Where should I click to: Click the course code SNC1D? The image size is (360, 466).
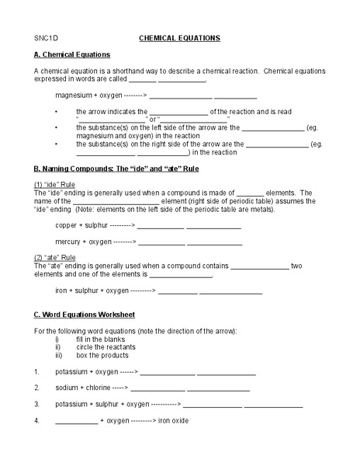pyautogui.click(x=45, y=37)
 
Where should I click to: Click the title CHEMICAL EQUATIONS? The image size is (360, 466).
pyautogui.click(x=179, y=37)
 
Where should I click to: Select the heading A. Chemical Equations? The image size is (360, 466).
pyautogui.click(x=71, y=54)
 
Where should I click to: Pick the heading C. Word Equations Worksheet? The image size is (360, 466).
pyautogui.click(x=84, y=315)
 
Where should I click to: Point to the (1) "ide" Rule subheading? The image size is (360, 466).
pyautogui.click(x=55, y=184)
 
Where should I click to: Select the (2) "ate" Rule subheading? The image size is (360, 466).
pyautogui.click(x=55, y=257)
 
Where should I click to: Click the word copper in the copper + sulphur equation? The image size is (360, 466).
pyautogui.click(x=67, y=225)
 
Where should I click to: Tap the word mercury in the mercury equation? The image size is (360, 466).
pyautogui.click(x=68, y=242)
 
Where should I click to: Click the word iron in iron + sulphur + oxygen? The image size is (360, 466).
pyautogui.click(x=62, y=291)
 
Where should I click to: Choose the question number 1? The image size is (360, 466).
pyautogui.click(x=36, y=371)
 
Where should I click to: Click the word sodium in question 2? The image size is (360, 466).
pyautogui.click(x=67, y=388)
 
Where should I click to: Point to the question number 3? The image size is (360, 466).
pyautogui.click(x=36, y=404)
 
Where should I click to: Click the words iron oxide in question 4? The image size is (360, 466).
pyautogui.click(x=173, y=420)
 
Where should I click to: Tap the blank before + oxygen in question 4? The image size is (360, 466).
pyautogui.click(x=76, y=422)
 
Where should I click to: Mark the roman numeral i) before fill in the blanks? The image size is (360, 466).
pyautogui.click(x=57, y=339)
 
